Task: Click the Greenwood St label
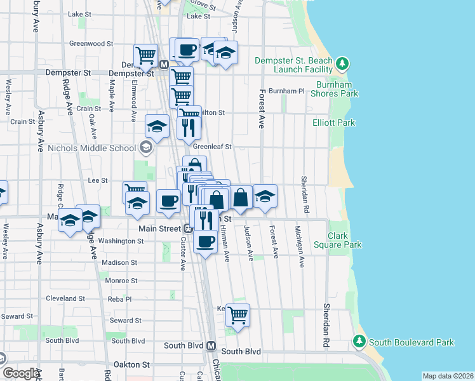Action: pyautogui.click(x=91, y=44)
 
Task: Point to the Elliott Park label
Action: pyautogui.click(x=334, y=123)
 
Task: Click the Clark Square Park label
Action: pyautogui.click(x=338, y=240)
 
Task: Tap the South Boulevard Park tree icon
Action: pyautogui.click(x=359, y=342)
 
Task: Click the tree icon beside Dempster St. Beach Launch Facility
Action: pyautogui.click(x=343, y=63)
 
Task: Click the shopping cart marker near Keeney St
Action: pyautogui.click(x=237, y=314)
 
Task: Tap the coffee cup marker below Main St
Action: pyautogui.click(x=205, y=241)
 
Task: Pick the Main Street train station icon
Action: pyautogui.click(x=189, y=228)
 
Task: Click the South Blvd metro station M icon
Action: pyautogui.click(x=211, y=347)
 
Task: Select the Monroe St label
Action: pyautogui.click(x=121, y=280)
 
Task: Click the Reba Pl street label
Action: pyautogui.click(x=119, y=298)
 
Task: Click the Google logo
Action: pyautogui.click(x=20, y=373)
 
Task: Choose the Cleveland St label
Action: pyautogui.click(x=65, y=298)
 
